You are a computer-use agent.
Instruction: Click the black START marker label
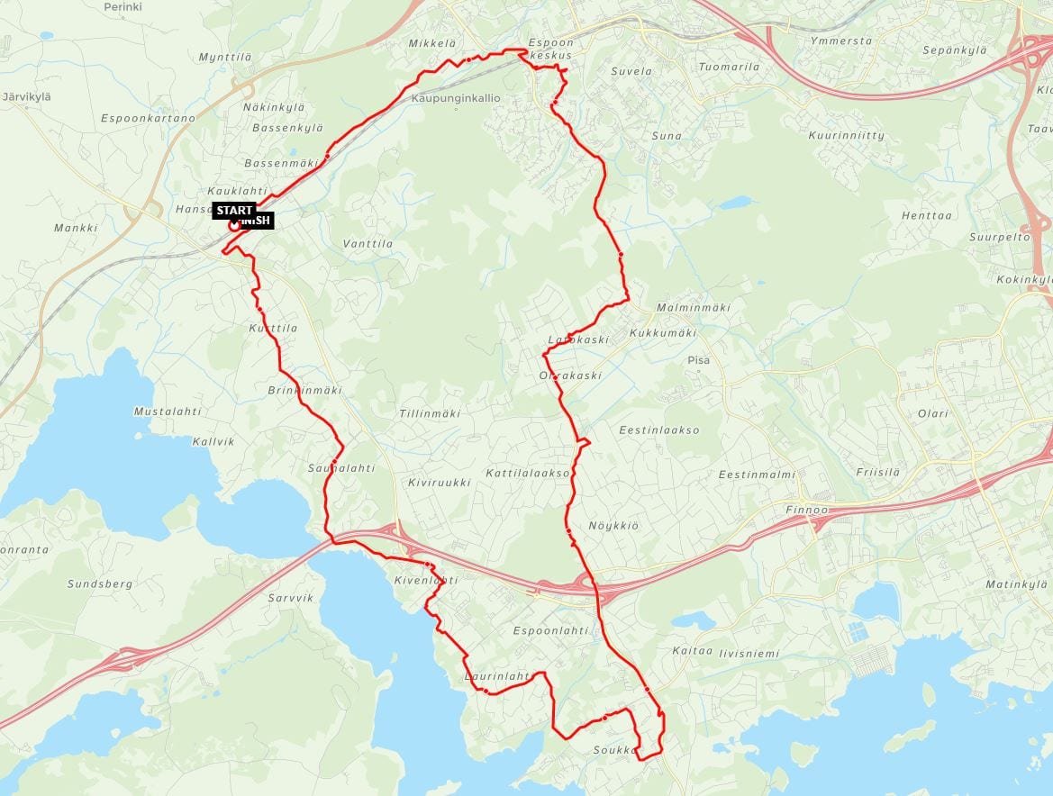click(x=234, y=211)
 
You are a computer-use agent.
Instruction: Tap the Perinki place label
click(x=123, y=6)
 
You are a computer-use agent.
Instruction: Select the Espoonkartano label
click(x=148, y=118)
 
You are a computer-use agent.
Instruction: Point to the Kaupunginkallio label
click(x=455, y=97)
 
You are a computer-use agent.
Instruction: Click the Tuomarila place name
click(x=729, y=67)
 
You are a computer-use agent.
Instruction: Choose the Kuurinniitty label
click(x=847, y=135)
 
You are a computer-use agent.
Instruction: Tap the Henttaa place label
click(x=926, y=216)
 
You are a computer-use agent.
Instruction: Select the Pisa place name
click(x=698, y=360)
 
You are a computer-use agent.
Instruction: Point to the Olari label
click(x=933, y=413)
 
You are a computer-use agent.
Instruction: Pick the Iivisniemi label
click(x=750, y=654)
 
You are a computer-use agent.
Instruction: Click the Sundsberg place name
click(x=100, y=583)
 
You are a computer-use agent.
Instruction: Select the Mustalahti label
click(x=167, y=412)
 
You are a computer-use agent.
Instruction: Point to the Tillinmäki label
click(x=429, y=413)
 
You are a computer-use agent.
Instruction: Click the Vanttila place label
click(x=368, y=244)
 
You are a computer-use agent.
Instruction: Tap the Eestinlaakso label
click(x=659, y=430)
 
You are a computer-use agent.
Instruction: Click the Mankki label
click(x=76, y=228)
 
